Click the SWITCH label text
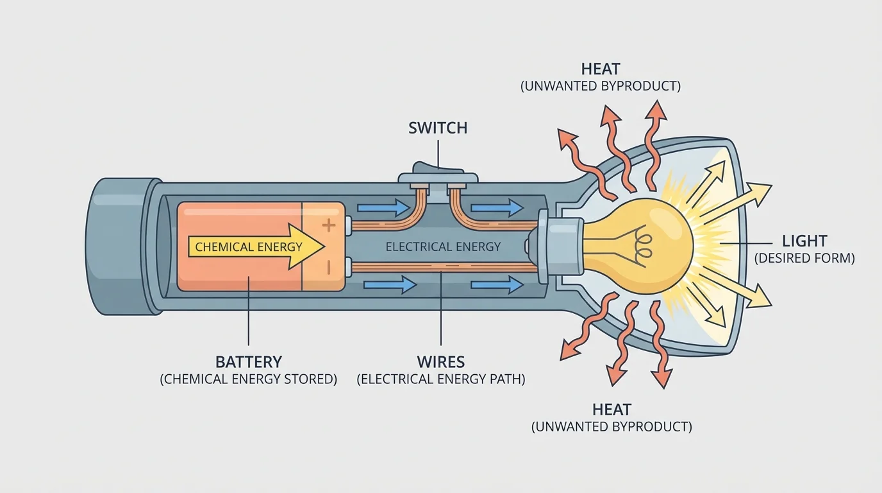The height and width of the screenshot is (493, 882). click(x=438, y=128)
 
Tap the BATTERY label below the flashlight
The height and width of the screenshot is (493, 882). click(x=248, y=361)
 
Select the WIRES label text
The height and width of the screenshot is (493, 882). click(x=440, y=361)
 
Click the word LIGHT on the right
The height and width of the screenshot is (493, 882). click(x=804, y=241)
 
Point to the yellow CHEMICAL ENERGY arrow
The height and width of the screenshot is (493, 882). click(x=256, y=246)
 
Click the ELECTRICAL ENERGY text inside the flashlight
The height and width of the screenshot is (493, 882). click(x=443, y=246)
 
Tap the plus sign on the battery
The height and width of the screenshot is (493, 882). click(x=328, y=225)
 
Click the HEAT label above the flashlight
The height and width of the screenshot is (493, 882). click(x=601, y=69)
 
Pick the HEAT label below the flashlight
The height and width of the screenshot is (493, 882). click(x=612, y=410)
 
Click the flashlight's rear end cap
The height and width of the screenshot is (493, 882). click(x=122, y=246)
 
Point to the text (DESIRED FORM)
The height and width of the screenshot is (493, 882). click(x=804, y=259)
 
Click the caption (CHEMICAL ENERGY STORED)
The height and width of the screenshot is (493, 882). click(x=248, y=379)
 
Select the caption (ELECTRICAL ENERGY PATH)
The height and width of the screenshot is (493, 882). click(x=440, y=379)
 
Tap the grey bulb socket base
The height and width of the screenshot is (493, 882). click(x=562, y=246)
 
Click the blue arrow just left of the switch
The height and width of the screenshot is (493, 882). click(x=383, y=207)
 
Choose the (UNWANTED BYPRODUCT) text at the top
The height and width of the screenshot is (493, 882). click(x=601, y=86)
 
